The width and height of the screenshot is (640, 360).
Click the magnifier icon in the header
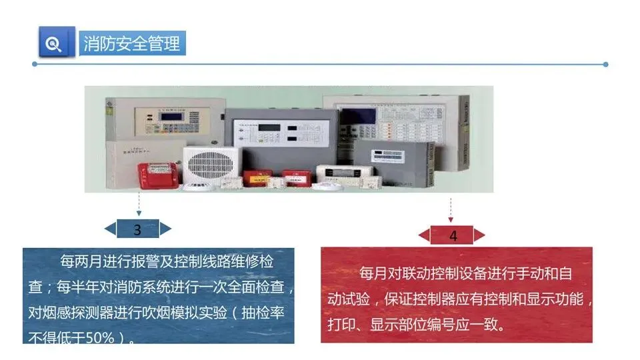(54, 43)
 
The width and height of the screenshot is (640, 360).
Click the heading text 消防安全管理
(131, 44)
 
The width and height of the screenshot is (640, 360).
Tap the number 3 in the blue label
(138, 230)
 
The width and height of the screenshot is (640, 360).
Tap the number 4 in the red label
(453, 236)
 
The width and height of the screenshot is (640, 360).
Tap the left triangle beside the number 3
(111, 229)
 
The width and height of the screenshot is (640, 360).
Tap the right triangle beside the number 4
(479, 235)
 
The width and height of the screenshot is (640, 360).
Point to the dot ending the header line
(605, 65)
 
